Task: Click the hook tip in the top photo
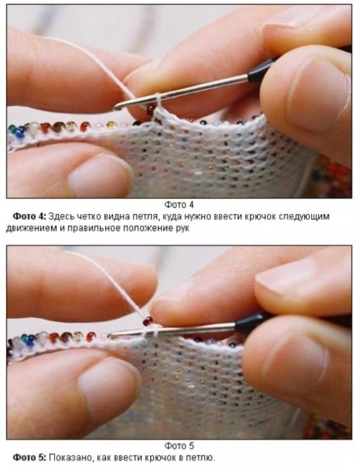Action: pyautogui.click(x=117, y=106)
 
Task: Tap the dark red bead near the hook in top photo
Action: pyautogui.click(x=151, y=110)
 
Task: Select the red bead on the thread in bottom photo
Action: pyautogui.click(x=147, y=321)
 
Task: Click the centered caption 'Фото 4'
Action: pyautogui.click(x=179, y=205)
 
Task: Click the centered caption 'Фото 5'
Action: pyautogui.click(x=179, y=445)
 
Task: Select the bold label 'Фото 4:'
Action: pyautogui.click(x=29, y=216)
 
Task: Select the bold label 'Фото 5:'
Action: pyautogui.click(x=29, y=458)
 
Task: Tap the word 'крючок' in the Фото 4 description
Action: pyautogui.click(x=260, y=217)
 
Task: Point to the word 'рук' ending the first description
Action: pyautogui.click(x=183, y=228)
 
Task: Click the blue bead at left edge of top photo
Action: pyautogui.click(x=20, y=133)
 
